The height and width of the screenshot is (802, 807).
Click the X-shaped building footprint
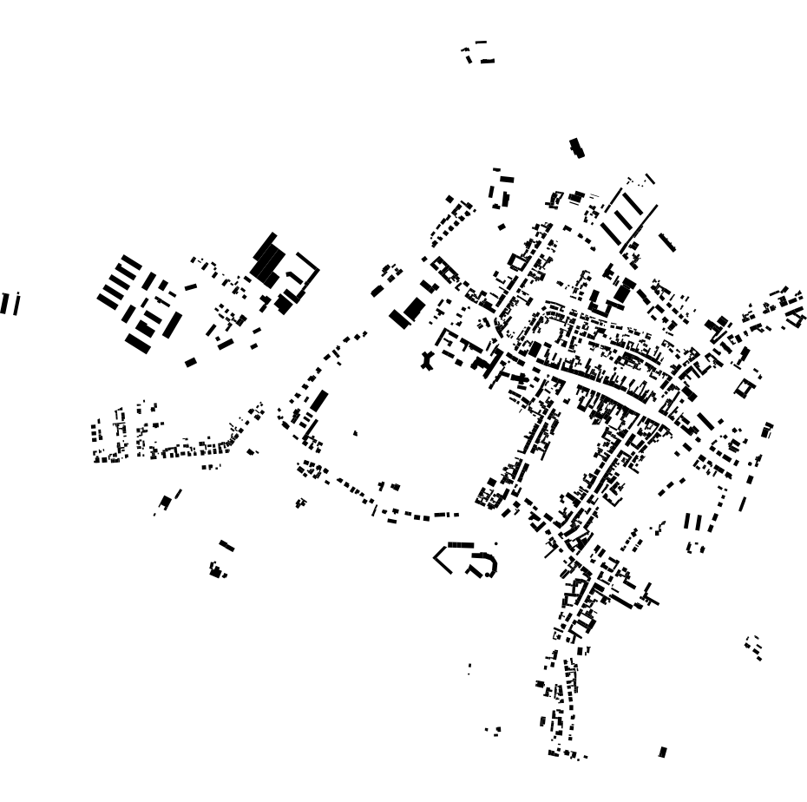pos(426,360)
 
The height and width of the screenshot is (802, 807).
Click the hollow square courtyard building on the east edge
pos(744,387)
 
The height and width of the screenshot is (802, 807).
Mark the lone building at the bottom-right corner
pos(663,752)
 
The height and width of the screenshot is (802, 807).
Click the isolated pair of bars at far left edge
pos(10,304)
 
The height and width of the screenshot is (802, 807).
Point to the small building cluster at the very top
pos(478,53)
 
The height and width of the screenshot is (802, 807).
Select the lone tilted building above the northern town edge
pos(576,148)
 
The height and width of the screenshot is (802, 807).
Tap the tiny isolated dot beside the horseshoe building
pos(496,544)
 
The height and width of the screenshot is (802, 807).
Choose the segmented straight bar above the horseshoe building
pos(461,545)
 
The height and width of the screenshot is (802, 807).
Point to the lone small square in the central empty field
pos(355,432)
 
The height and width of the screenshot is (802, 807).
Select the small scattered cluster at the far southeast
pos(753,646)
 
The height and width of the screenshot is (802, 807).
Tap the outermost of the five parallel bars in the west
pos(131,261)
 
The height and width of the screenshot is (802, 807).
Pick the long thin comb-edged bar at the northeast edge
pos(666,241)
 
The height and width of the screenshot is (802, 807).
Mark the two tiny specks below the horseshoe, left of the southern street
pos(469,669)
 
